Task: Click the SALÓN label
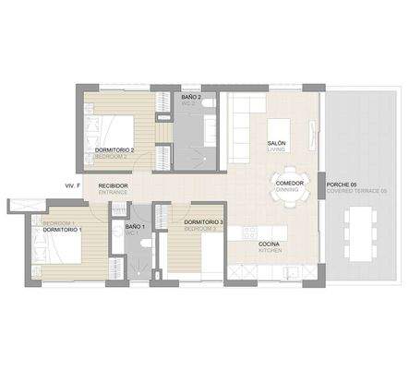[276, 144]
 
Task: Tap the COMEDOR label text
[289, 183]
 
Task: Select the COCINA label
[270, 244]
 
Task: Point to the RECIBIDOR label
[113, 185]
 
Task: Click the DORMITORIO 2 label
[114, 149]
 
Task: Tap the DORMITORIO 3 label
[203, 222]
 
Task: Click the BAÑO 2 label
[191, 97]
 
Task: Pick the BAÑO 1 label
[134, 226]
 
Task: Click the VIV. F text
[73, 186]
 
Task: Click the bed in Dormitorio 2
[112, 131]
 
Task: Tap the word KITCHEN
[270, 251]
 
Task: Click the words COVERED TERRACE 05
[357, 191]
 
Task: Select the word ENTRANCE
[113, 193]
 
